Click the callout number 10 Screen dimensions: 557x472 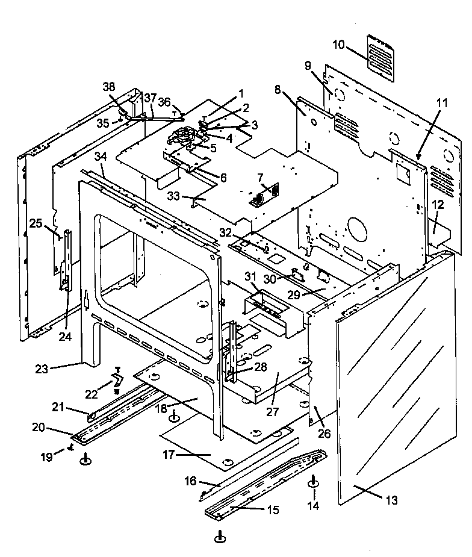pos(338,45)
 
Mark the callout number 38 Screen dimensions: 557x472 pos(108,86)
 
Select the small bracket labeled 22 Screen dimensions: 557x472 pos(118,381)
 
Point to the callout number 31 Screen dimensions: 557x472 pos(250,276)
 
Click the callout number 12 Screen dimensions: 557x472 pos(437,205)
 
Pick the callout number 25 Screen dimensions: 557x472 pos(36,224)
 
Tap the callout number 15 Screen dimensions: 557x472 pos(273,509)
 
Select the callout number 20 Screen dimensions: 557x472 pos(39,427)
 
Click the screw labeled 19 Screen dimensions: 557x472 pos(72,446)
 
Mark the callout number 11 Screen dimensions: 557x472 pos(442,103)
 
